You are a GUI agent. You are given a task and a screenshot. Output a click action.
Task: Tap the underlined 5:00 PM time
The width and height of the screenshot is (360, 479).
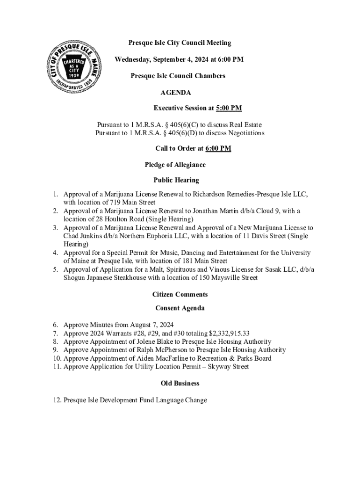click(229, 108)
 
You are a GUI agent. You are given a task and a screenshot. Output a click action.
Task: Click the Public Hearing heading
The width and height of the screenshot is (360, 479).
click(176, 180)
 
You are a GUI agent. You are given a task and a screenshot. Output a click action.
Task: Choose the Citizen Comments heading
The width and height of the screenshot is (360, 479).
click(180, 294)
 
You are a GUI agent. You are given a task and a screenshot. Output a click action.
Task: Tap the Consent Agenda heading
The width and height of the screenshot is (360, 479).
click(180, 308)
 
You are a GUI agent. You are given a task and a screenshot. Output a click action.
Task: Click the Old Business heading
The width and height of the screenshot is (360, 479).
click(180, 383)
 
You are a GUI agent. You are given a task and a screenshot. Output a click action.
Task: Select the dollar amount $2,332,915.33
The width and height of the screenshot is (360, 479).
click(223, 333)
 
